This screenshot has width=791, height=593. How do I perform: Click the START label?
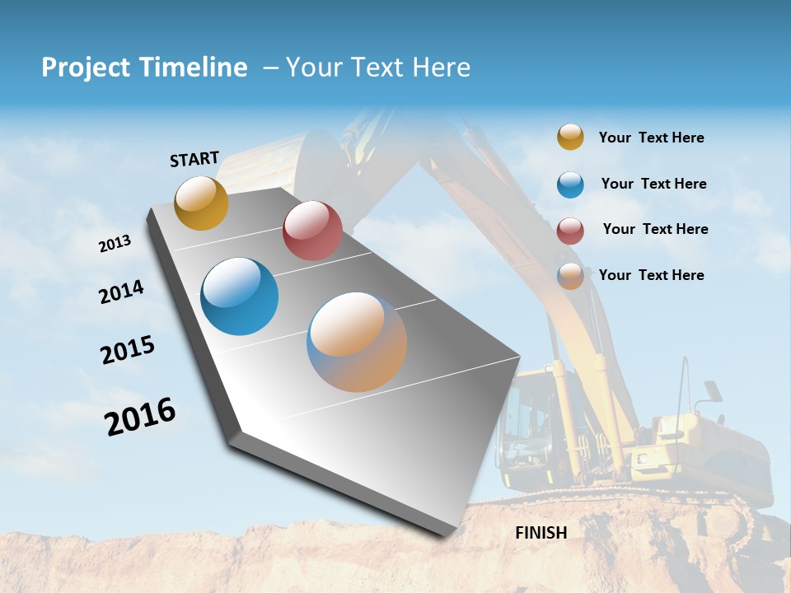click(194, 159)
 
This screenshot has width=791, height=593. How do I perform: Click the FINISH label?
click(541, 533)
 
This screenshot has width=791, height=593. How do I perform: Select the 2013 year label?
click(115, 244)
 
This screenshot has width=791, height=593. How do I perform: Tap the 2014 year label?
click(121, 292)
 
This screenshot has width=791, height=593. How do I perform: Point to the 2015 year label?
click(128, 350)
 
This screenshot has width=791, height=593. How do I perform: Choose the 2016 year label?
click(140, 417)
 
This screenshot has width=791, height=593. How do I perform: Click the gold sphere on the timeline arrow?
click(201, 203)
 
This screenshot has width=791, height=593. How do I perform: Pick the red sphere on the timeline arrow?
click(312, 231)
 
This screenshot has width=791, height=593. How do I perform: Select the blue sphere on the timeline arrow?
click(239, 296)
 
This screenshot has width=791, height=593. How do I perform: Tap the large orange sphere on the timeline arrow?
click(357, 342)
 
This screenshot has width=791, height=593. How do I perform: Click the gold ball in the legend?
click(570, 137)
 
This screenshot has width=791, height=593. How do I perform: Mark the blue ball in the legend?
click(570, 184)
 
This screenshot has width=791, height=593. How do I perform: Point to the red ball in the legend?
click(570, 231)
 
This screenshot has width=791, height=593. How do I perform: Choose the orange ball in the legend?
click(570, 277)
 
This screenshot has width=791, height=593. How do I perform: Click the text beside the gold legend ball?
click(651, 138)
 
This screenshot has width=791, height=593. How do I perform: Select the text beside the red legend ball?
click(655, 229)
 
